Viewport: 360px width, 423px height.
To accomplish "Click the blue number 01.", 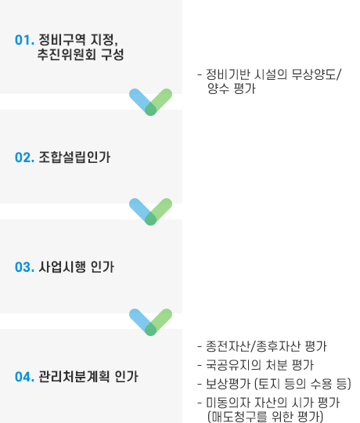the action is coord(24,40).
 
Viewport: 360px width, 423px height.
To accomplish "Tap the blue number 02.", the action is coord(24,157).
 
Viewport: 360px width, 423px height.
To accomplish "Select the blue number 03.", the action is coord(24,267).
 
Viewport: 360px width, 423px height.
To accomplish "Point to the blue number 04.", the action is coord(24,377).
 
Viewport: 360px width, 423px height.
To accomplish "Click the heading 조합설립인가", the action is coord(74,157).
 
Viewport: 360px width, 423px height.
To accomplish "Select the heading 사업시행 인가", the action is coord(77,267).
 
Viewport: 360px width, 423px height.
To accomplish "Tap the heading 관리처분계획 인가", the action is coord(88,377).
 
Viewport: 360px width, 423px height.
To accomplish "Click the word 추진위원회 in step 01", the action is coord(67,54).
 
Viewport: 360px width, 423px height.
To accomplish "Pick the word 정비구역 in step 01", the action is coord(62,40).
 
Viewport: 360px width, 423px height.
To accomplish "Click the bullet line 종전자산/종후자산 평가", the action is coord(262,346).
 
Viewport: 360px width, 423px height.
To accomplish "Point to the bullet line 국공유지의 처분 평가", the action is coord(256,365).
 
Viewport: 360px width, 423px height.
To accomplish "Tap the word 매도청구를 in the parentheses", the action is coord(237,417).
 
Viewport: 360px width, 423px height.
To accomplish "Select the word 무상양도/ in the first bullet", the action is coord(317,74).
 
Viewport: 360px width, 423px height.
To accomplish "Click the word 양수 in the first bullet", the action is coord(218,89).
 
